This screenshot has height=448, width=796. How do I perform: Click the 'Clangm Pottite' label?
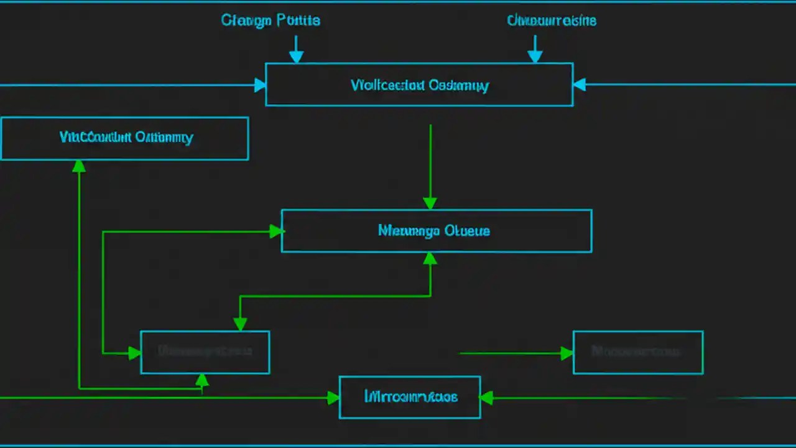coord(271,21)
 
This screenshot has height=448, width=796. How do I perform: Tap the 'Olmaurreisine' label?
coord(552,21)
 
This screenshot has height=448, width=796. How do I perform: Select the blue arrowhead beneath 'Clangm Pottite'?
coord(297,57)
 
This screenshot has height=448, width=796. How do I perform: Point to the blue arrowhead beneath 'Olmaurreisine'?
coord(535,57)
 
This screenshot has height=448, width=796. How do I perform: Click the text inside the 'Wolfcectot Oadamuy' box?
coord(420,85)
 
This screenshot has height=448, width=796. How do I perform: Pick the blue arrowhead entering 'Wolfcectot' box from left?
coord(260,85)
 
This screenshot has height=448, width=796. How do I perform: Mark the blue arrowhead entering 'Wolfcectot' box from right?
coord(579,85)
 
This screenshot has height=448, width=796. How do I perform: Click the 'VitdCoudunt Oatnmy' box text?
coord(126,138)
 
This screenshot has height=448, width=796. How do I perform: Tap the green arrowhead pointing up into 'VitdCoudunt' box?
coord(79,166)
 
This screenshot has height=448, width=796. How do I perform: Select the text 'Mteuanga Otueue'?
coord(434,231)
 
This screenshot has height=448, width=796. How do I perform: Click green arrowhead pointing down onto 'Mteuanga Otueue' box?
coord(430,203)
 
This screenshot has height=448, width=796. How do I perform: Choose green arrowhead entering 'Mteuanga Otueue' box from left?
coord(276,231)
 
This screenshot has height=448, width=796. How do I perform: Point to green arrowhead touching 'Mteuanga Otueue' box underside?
coord(430,258)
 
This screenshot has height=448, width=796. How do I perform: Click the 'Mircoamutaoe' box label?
coord(410,396)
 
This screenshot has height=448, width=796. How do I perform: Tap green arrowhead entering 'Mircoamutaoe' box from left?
coord(333,398)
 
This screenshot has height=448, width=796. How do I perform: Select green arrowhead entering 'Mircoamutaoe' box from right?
coord(486,398)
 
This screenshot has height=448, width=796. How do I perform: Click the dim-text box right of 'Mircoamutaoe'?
coord(637,352)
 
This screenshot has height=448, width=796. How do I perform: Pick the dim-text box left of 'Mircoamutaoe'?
coord(205,352)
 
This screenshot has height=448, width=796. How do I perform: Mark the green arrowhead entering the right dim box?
coord(567,353)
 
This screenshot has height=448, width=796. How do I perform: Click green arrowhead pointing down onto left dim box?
coord(240,324)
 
